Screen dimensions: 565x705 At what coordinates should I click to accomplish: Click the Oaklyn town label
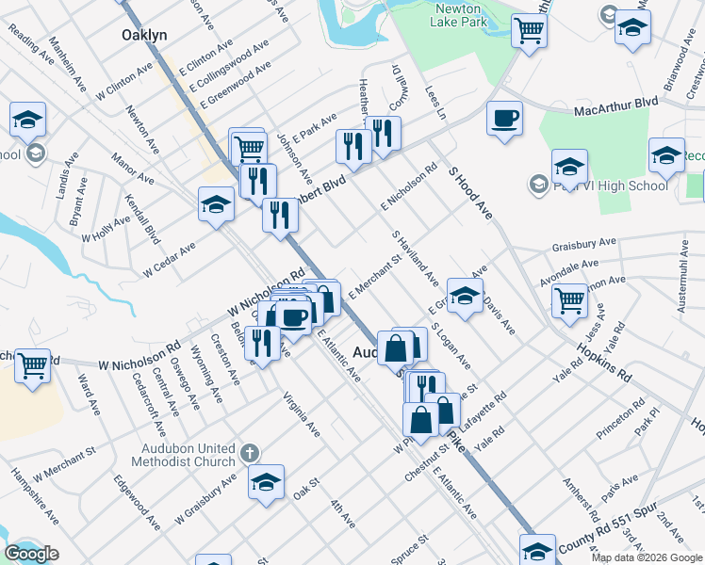pyautogui.click(x=144, y=35)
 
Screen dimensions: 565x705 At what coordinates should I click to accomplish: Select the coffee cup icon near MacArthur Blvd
pyautogui.click(x=505, y=120)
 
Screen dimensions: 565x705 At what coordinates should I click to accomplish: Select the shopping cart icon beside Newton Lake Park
pyautogui.click(x=529, y=32)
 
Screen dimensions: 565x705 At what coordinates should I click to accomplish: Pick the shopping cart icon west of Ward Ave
pyautogui.click(x=33, y=365)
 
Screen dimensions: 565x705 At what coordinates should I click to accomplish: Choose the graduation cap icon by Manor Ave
pyautogui.click(x=216, y=204)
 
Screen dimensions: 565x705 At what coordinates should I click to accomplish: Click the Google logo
pyautogui.click(x=31, y=554)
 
